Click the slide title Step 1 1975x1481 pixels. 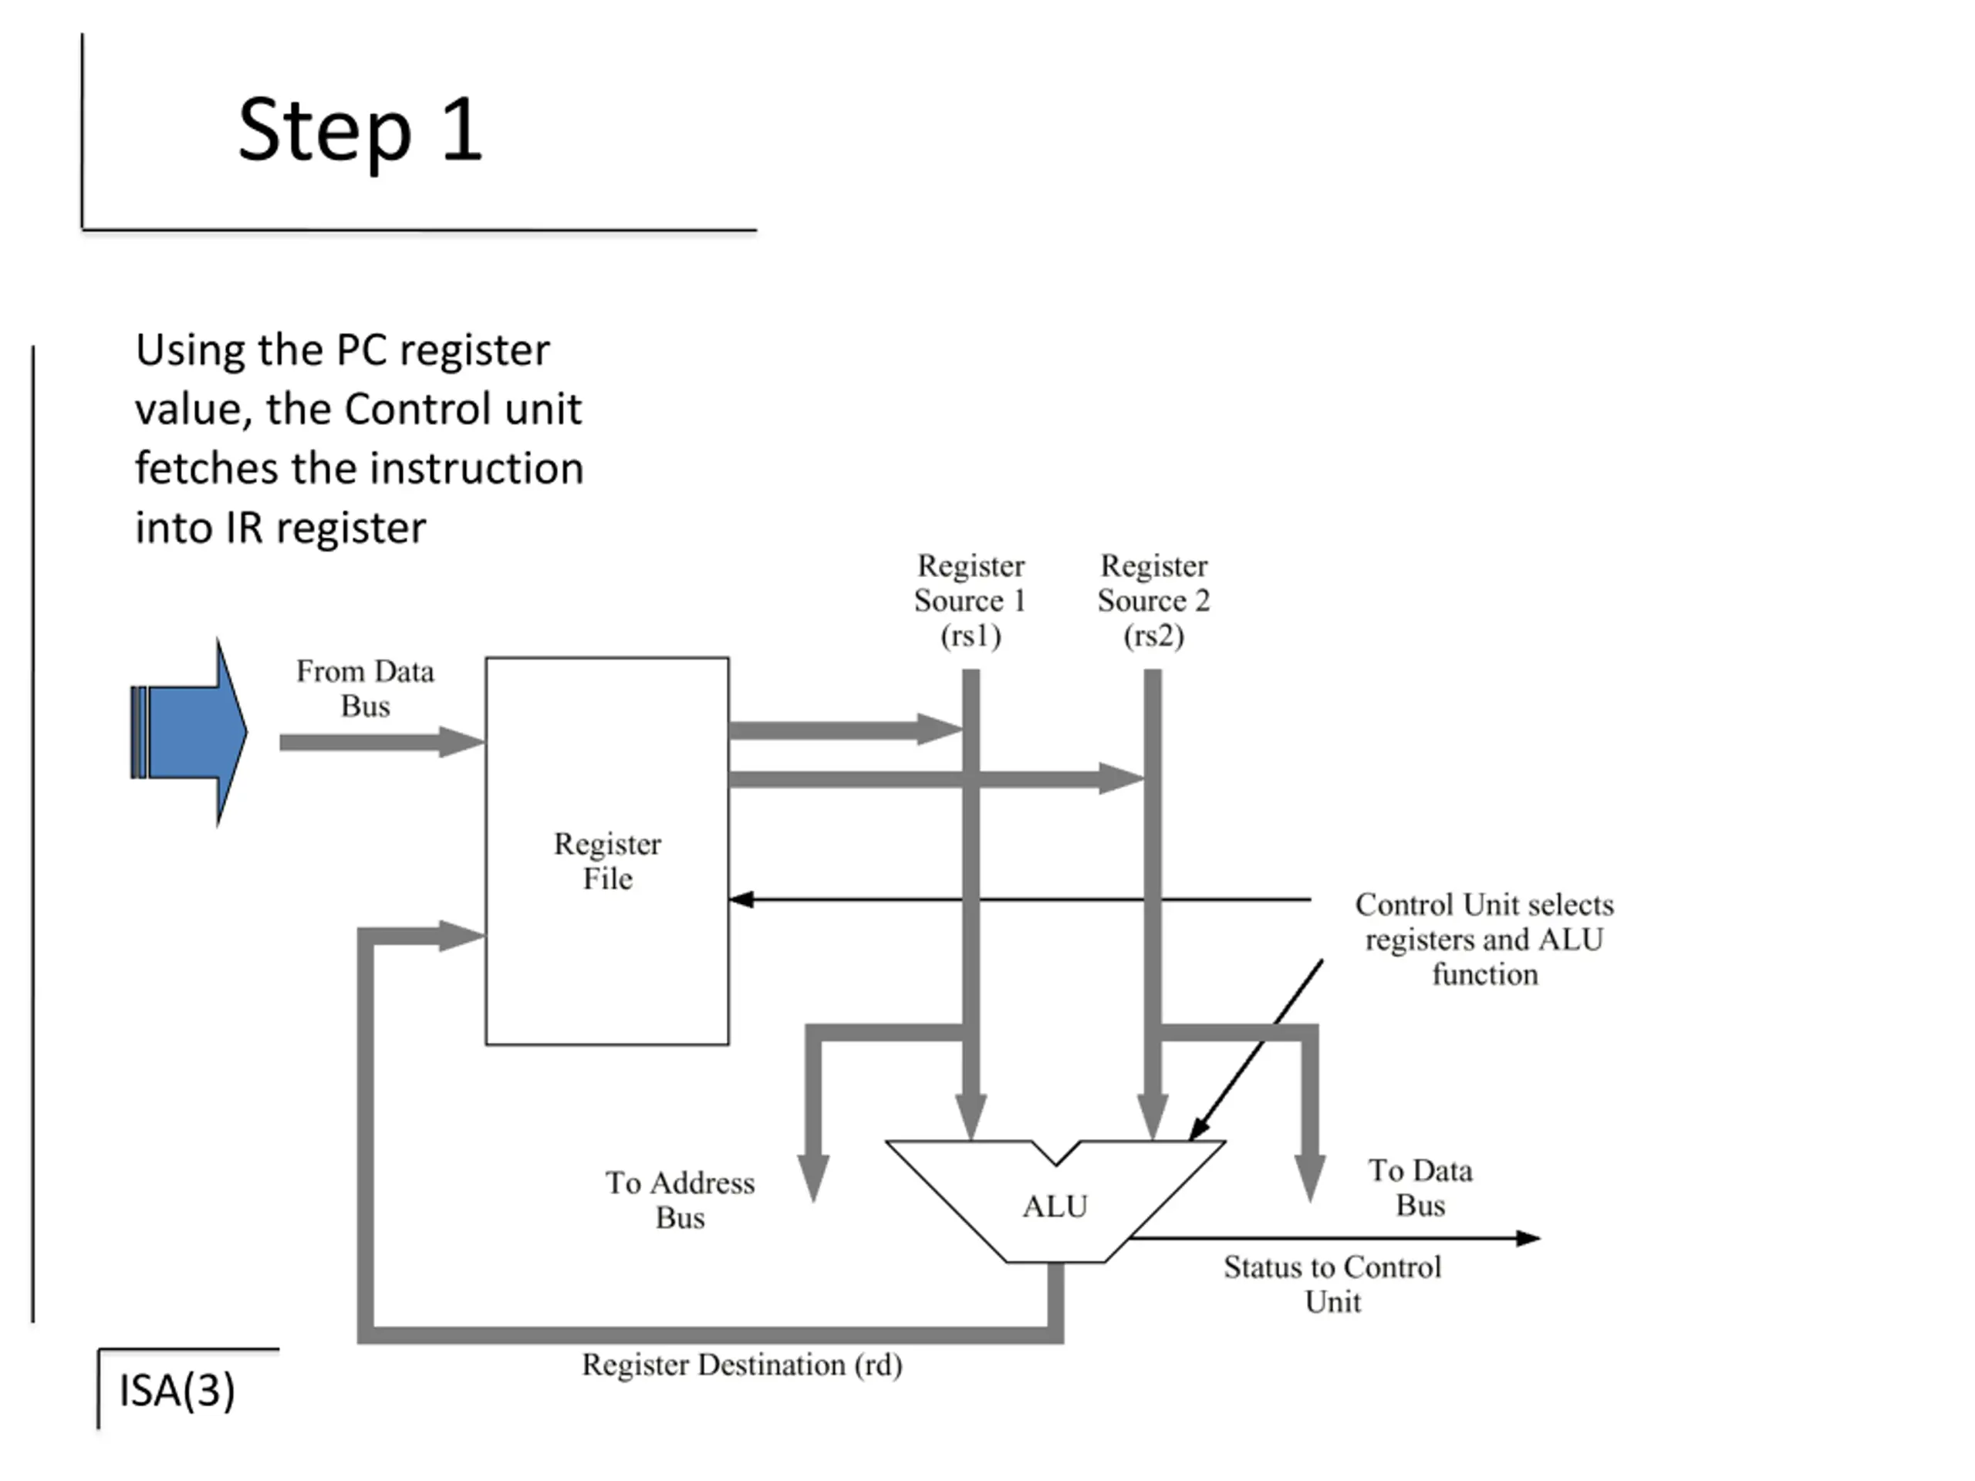coord(360,130)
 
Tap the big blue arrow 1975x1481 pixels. coord(189,732)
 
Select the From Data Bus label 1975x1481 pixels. coord(365,688)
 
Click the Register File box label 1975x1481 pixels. coord(607,861)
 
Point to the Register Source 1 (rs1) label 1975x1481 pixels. coord(971,600)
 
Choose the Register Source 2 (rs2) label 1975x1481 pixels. coord(1153,600)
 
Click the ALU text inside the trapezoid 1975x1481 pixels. coord(1055,1206)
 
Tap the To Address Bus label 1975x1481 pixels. coord(680,1199)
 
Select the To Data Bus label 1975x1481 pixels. coord(1420,1187)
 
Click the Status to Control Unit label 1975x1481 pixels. coord(1332,1284)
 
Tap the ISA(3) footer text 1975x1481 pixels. coord(177,1390)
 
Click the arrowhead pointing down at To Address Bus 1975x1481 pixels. coord(813,1179)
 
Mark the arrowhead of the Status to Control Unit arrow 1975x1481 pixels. coord(1528,1238)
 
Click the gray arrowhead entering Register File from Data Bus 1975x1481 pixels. coord(462,742)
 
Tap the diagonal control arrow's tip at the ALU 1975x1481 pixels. coord(1190,1140)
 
